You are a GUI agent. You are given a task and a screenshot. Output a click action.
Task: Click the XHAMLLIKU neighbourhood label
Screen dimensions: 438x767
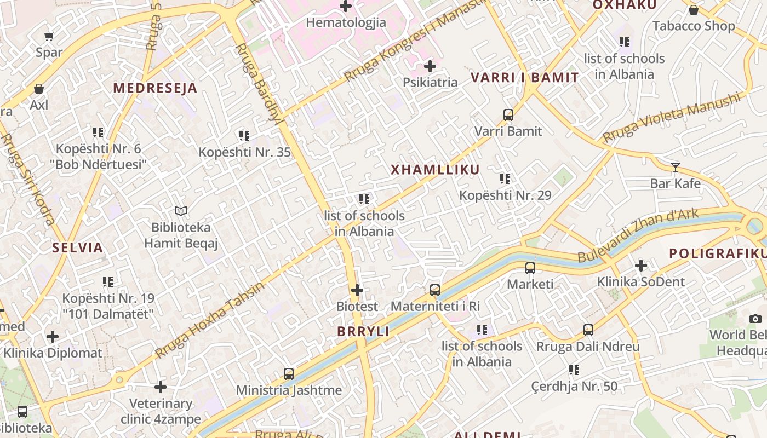pyautogui.click(x=435, y=170)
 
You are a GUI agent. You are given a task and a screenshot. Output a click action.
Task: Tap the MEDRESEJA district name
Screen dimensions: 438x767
pyautogui.click(x=155, y=88)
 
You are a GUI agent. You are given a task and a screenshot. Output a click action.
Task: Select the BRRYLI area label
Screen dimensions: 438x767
pyautogui.click(x=363, y=331)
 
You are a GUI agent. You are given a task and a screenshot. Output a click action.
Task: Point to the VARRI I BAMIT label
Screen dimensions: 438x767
pyautogui.click(x=524, y=78)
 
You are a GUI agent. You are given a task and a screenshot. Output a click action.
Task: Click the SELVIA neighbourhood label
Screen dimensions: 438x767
pyautogui.click(x=78, y=247)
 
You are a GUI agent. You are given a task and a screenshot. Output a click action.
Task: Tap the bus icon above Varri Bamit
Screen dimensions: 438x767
pyautogui.click(x=508, y=115)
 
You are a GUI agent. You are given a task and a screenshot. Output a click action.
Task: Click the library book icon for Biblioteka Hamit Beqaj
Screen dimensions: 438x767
pyautogui.click(x=181, y=211)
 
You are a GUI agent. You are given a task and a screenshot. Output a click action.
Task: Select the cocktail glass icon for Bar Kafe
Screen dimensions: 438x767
pyautogui.click(x=675, y=168)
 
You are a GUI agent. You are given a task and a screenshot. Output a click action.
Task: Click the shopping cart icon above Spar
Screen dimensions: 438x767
pyautogui.click(x=49, y=37)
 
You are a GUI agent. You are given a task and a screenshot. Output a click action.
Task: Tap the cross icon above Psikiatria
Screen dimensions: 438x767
pyautogui.click(x=430, y=66)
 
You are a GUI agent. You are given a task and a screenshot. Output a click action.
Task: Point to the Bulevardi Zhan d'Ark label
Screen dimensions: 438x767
pyautogui.click(x=638, y=235)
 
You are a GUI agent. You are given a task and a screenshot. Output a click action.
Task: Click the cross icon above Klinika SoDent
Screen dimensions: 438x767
pyautogui.click(x=640, y=266)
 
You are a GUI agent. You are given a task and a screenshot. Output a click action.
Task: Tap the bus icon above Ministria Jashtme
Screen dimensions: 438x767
pyautogui.click(x=289, y=374)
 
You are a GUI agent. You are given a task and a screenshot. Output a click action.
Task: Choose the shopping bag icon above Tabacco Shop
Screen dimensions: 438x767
pyautogui.click(x=693, y=10)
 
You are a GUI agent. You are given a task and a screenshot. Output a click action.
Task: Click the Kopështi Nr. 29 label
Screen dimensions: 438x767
pyautogui.click(x=505, y=195)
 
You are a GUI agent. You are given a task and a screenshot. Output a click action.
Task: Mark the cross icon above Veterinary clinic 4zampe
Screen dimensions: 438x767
pyautogui.click(x=161, y=387)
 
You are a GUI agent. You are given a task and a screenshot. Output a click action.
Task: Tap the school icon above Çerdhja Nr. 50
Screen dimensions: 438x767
pyautogui.click(x=574, y=370)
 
